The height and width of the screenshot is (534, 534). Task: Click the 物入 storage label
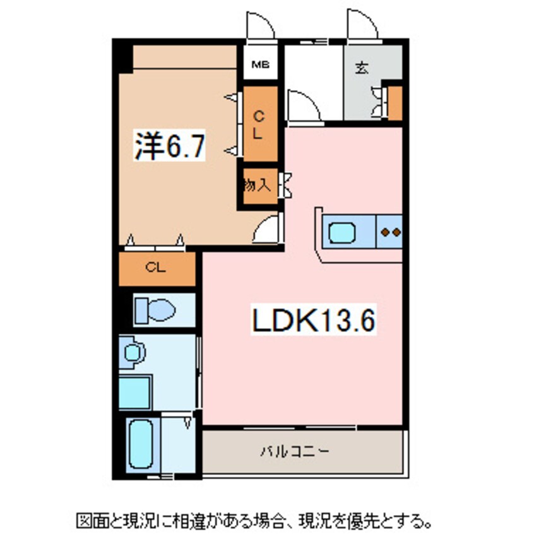[258, 186]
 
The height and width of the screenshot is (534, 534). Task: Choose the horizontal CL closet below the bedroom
[157, 268]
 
